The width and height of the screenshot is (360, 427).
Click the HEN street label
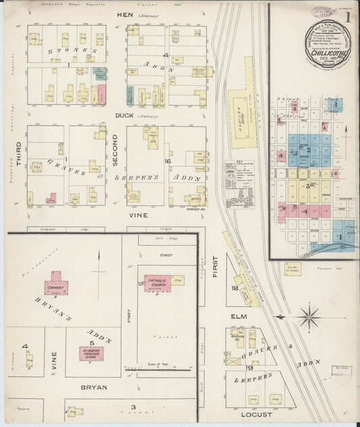point(125,14)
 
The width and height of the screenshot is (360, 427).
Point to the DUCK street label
point(125,116)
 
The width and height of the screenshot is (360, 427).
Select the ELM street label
point(239,316)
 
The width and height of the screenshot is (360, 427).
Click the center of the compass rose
point(309,316)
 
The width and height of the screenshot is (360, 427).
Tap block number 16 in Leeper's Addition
point(167,161)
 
